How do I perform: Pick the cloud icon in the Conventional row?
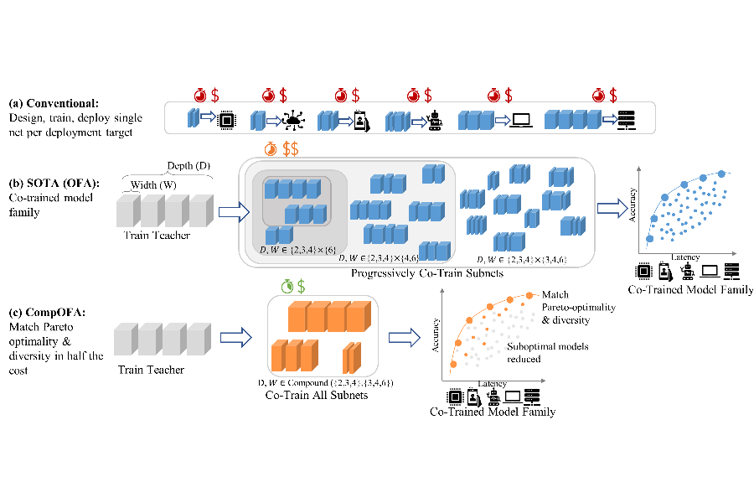(294, 121)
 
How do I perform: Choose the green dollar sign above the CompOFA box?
(302, 287)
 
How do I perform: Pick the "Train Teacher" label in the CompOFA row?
(150, 370)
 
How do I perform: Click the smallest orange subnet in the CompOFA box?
(351, 359)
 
